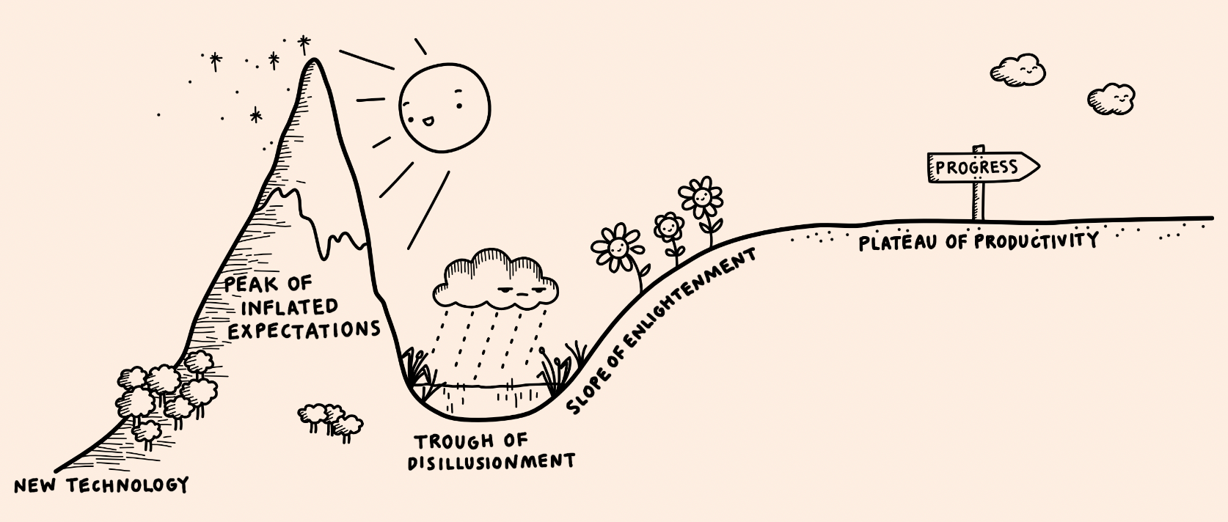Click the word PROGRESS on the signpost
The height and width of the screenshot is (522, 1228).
pyautogui.click(x=976, y=168)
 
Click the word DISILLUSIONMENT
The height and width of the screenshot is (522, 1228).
pyautogui.click(x=491, y=462)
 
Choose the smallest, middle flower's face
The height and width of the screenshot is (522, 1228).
pyautogui.click(x=668, y=227)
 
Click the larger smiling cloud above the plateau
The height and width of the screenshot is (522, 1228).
pyautogui.click(x=1018, y=70)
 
